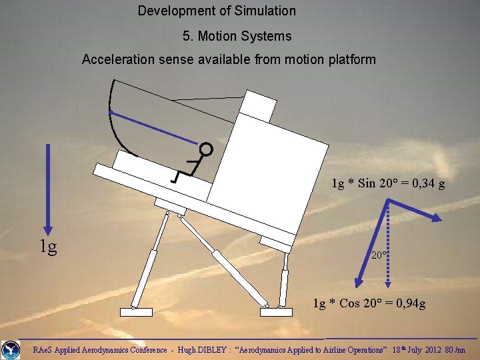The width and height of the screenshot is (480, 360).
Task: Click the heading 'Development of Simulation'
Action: click(x=217, y=11)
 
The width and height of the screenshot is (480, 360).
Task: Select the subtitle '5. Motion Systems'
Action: click(x=237, y=35)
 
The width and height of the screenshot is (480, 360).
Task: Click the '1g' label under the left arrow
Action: click(x=47, y=247)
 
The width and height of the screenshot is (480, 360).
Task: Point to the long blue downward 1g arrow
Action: click(x=48, y=187)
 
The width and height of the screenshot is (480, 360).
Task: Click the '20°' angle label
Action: click(x=379, y=255)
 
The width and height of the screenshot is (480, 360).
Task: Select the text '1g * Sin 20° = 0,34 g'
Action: click(x=389, y=183)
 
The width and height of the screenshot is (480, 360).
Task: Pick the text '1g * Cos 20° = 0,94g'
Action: click(x=369, y=304)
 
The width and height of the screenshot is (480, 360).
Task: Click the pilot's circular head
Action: click(x=206, y=149)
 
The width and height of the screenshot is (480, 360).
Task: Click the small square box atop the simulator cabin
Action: click(x=259, y=105)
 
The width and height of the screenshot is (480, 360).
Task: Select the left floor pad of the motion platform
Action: click(x=136, y=311)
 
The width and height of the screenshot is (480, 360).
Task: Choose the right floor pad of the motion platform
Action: click(x=275, y=311)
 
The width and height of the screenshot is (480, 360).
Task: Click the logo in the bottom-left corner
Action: click(x=11, y=349)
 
